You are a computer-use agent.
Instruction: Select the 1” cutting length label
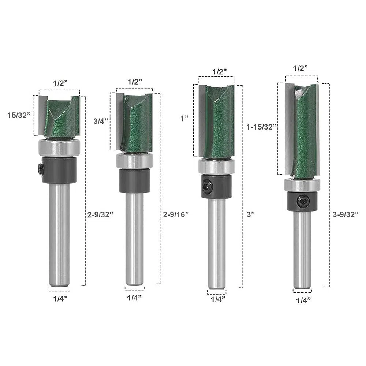point(184,118)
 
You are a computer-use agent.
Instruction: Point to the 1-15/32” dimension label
point(261,127)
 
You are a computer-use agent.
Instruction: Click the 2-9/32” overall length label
point(100,214)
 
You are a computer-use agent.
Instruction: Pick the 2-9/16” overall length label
point(176,214)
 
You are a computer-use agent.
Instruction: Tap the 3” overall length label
point(251,214)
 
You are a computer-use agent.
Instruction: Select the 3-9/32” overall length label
point(345,214)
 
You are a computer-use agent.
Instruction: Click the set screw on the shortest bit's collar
point(40,168)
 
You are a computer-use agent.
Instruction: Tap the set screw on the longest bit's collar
point(303,201)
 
